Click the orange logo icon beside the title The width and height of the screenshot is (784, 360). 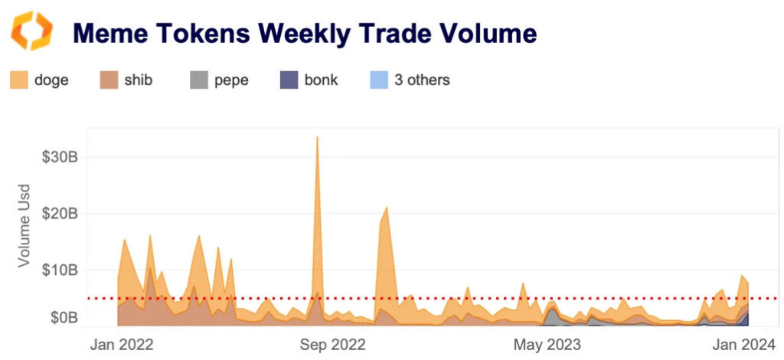click(31, 31)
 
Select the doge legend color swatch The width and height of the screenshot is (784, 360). click(20, 80)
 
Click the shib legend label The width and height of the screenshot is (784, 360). click(137, 80)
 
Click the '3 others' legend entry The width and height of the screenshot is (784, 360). click(422, 80)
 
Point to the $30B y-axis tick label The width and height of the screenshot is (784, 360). click(59, 156)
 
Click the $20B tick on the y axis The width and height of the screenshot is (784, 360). click(59, 214)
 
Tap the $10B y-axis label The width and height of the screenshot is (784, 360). click(59, 270)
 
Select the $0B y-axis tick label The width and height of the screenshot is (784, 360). click(62, 316)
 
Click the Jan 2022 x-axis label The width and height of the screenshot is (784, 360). click(122, 344)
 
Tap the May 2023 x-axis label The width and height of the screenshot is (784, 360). click(547, 344)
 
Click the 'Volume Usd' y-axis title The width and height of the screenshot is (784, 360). click(24, 225)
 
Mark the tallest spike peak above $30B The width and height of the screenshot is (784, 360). click(317, 139)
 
